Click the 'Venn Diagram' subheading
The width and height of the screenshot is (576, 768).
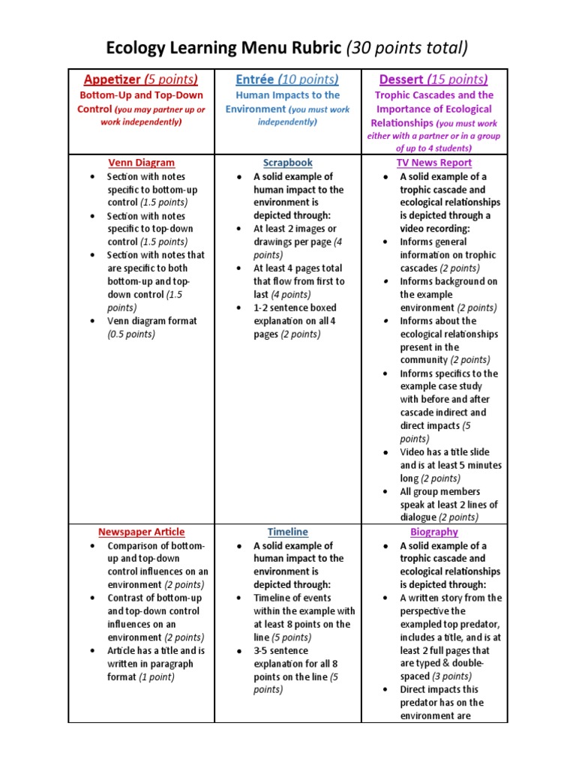[141, 163]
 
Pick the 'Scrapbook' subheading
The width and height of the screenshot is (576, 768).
[287, 163]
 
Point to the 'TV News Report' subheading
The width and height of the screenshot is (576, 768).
[434, 163]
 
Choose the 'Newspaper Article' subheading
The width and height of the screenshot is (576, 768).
[141, 532]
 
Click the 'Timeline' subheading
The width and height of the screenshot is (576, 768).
[287, 532]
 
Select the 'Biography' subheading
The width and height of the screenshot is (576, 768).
[434, 532]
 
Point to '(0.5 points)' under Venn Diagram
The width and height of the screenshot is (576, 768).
[131, 334]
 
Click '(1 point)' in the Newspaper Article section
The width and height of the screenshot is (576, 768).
[151, 677]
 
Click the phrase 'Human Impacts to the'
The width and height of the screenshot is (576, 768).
[287, 95]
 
